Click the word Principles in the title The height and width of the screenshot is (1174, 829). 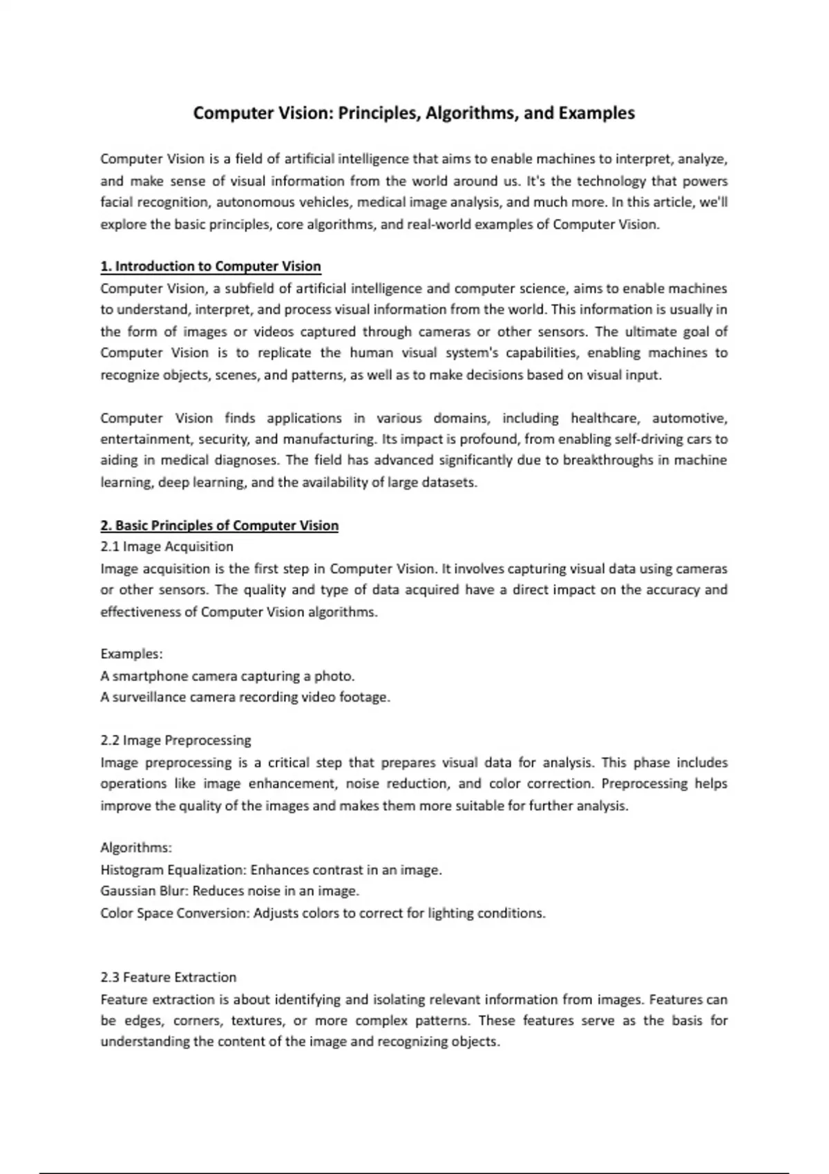[x=379, y=113]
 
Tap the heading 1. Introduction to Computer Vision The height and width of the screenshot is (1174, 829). [x=211, y=267]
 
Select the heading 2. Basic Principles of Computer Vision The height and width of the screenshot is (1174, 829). [x=220, y=526]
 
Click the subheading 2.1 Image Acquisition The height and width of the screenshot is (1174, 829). [x=166, y=547]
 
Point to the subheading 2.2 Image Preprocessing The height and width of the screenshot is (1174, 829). [x=175, y=740]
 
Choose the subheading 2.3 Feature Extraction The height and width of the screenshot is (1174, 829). [x=168, y=977]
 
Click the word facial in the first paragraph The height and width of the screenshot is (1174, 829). [x=115, y=202]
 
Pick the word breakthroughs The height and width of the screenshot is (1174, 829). [x=606, y=461]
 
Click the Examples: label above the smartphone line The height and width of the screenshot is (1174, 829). [x=131, y=654]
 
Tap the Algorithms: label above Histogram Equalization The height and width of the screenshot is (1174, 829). [x=136, y=847]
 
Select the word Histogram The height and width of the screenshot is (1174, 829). [x=132, y=870]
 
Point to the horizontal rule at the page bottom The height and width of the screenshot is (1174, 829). [x=414, y=1173]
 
